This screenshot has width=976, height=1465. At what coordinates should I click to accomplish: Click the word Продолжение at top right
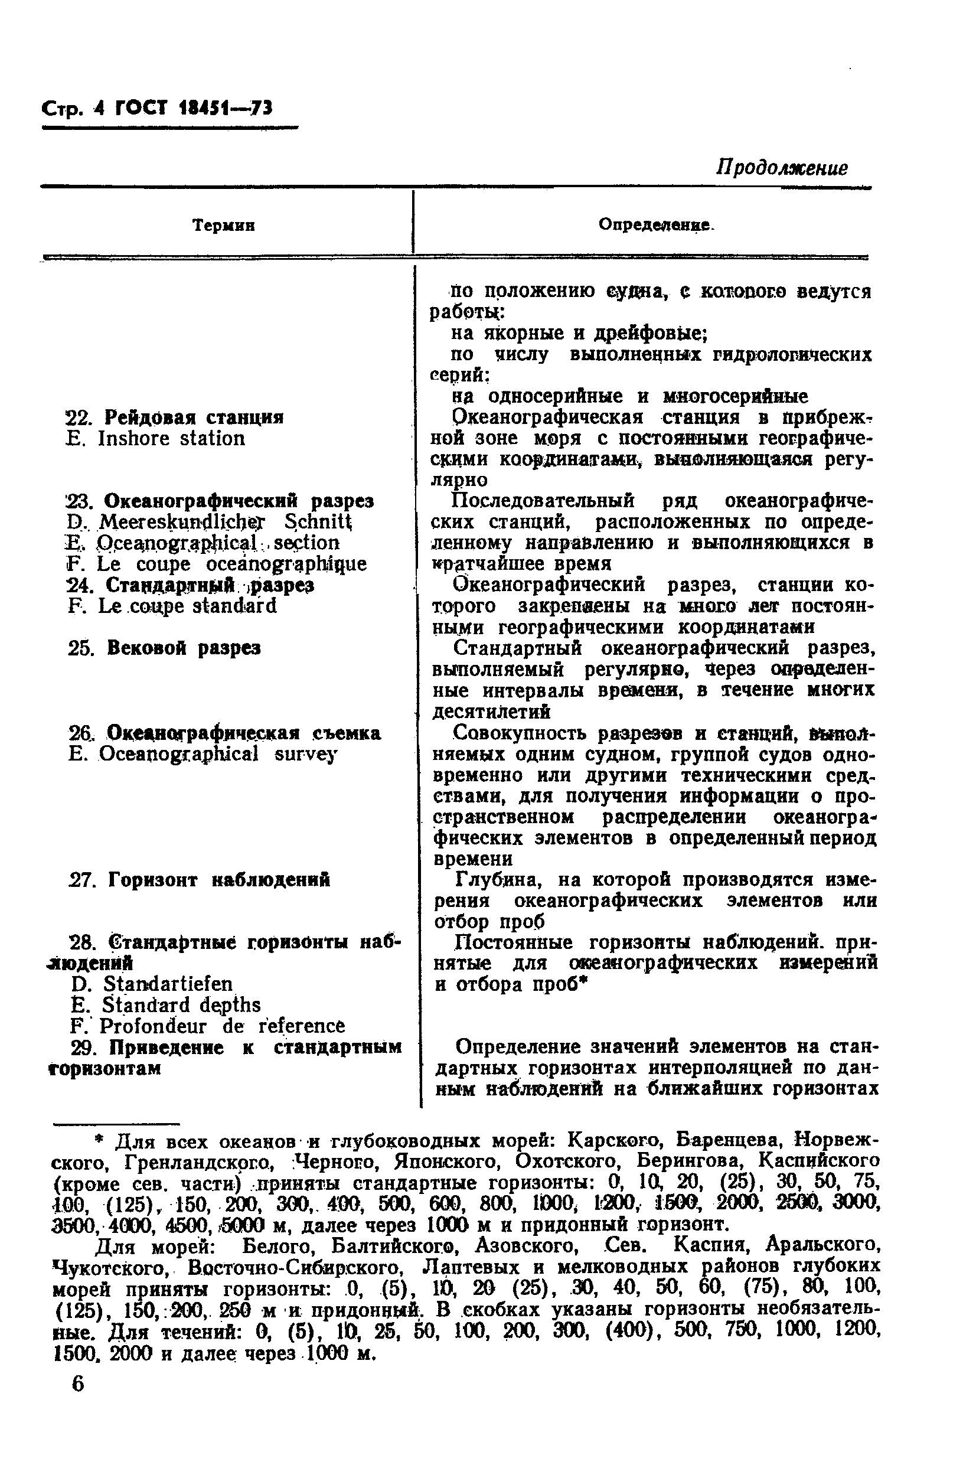coord(781,168)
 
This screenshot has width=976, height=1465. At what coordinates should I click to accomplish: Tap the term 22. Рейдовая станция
coord(175,417)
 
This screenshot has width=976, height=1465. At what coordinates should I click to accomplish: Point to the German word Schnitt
coord(318,521)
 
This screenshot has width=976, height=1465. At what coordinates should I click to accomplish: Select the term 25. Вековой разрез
coord(164,648)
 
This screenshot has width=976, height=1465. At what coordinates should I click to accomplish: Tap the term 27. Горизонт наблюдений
coord(199,880)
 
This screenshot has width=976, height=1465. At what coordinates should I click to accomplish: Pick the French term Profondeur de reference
coord(208,1026)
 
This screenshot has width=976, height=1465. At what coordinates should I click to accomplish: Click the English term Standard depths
coord(181,1005)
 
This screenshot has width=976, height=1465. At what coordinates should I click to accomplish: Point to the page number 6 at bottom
coord(78,1385)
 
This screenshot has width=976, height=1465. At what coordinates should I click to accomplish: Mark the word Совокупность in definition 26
coord(520,733)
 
